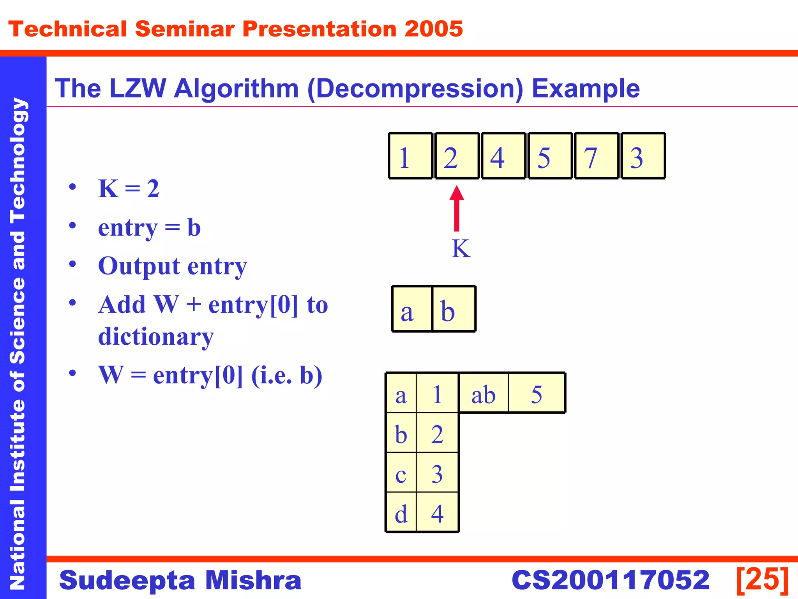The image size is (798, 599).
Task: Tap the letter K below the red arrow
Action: (461, 248)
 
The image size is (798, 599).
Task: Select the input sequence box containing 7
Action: (596, 156)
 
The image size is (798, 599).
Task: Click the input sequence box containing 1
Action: (410, 156)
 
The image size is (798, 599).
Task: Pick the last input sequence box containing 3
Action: (643, 156)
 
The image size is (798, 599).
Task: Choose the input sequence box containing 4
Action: (503, 156)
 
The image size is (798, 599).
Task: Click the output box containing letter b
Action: (454, 309)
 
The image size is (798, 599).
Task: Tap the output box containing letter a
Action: (412, 309)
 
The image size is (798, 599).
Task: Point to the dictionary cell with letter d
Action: (401, 512)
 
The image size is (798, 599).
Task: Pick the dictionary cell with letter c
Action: (401, 473)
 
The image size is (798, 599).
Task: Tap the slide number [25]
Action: (762, 580)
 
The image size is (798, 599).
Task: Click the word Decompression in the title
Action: (415, 89)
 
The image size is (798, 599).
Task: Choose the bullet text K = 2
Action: (129, 189)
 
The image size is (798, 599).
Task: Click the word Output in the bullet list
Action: (139, 266)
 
